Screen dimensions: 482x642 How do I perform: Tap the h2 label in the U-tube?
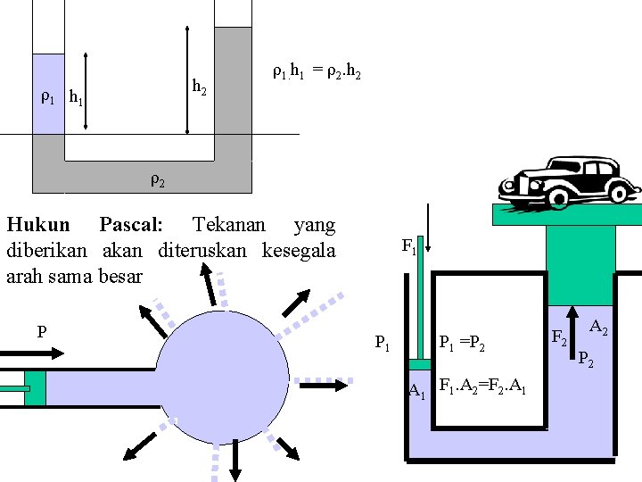(x=200, y=87)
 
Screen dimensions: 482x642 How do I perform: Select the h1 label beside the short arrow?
(x=76, y=98)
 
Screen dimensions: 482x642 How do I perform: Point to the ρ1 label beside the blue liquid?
(x=48, y=97)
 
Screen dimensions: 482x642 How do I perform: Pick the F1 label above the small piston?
(x=408, y=245)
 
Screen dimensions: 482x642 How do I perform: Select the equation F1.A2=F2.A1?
(x=482, y=388)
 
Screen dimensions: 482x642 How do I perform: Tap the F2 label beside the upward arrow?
(x=559, y=337)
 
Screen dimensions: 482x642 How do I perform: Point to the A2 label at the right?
(x=599, y=328)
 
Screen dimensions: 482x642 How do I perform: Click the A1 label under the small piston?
(x=416, y=390)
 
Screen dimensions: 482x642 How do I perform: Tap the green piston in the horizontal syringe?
(x=35, y=387)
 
